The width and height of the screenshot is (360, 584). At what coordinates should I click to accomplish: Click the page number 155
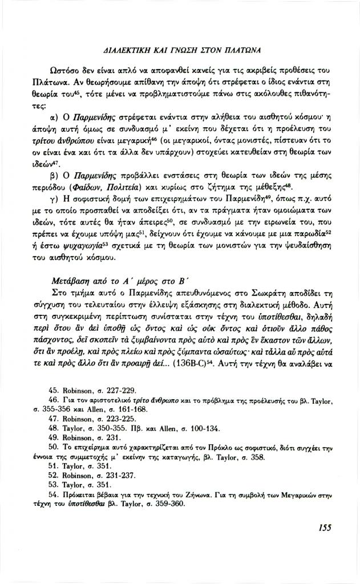(325, 544)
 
